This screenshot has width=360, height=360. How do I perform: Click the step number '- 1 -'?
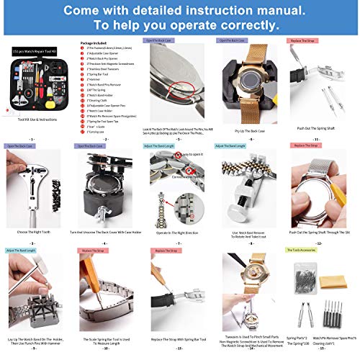(32, 138)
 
